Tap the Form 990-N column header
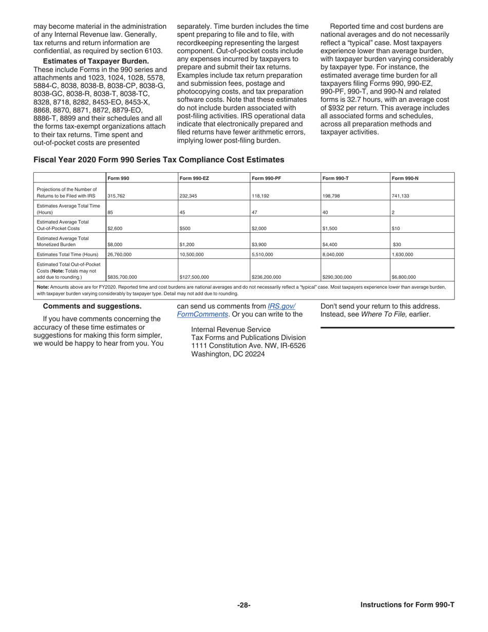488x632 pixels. (x=405, y=178)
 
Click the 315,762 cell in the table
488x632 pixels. (x=116, y=196)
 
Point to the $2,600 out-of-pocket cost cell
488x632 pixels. (x=115, y=228)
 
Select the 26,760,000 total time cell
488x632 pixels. (x=119, y=254)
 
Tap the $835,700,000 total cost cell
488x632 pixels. (x=122, y=276)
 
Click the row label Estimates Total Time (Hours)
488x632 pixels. (x=67, y=254)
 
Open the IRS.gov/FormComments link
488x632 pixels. (x=281, y=306)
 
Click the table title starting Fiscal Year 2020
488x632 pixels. (x=159, y=160)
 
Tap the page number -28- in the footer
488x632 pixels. (x=244, y=605)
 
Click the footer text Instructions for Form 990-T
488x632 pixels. (x=407, y=605)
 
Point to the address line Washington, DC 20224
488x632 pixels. (x=228, y=354)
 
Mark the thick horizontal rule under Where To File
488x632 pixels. (x=387, y=327)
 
